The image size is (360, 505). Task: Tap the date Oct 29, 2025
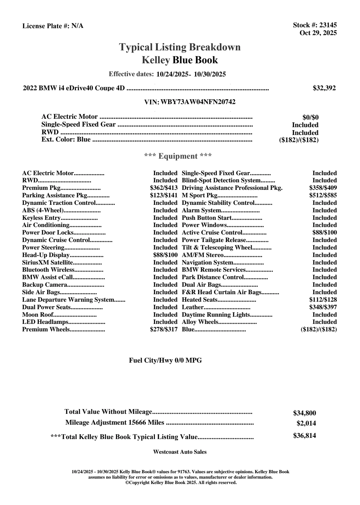[x=318, y=33]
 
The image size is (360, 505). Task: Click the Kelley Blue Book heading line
[x=180, y=60]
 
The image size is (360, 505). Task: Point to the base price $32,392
[x=324, y=88]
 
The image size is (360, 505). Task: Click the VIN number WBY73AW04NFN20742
[x=198, y=102]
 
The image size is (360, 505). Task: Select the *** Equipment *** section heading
[x=178, y=156]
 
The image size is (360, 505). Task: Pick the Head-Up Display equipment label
[x=46, y=255]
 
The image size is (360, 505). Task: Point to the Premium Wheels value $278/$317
[x=164, y=330]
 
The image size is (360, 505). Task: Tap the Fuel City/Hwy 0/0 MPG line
[x=165, y=360]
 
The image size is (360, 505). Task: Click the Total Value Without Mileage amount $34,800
[x=305, y=413]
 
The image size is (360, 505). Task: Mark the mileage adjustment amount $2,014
[x=306, y=423]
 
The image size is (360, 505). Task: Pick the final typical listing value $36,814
[x=305, y=436]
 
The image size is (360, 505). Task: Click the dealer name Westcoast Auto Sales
[x=180, y=452]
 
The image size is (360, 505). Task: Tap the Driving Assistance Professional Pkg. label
[x=232, y=188]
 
